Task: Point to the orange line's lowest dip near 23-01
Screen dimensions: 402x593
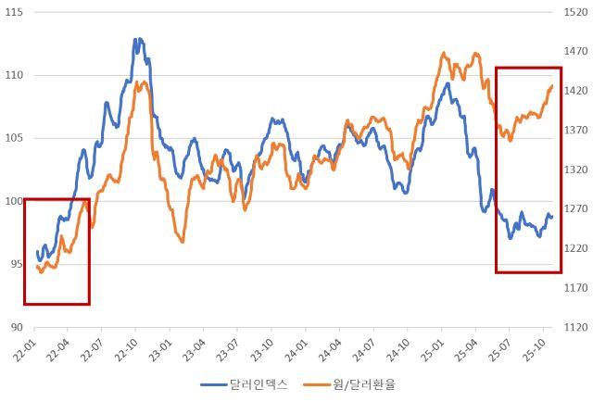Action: [x=183, y=242]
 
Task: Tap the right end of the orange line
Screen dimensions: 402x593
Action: [x=552, y=86]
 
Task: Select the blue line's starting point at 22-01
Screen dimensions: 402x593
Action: [x=37, y=251]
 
